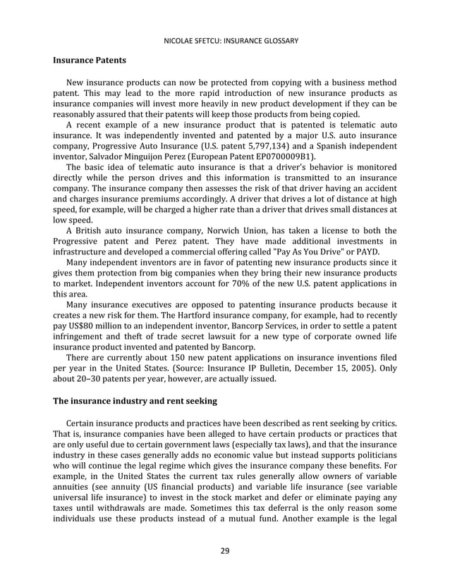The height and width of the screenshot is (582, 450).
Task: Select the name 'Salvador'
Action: pyautogui.click(x=118, y=156)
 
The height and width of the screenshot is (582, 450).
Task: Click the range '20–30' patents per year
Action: pyautogui.click(x=95, y=378)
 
